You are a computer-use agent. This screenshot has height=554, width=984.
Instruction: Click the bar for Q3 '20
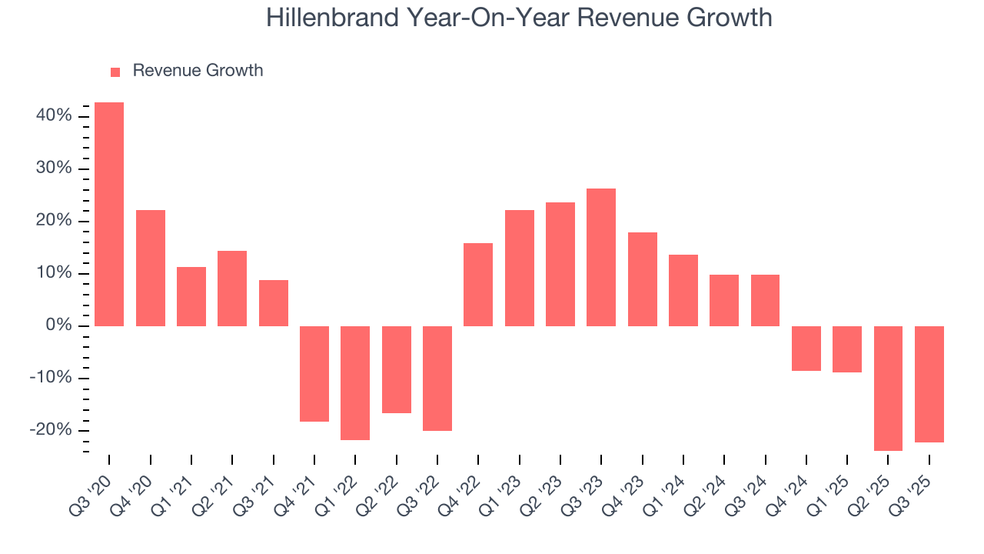click(x=109, y=214)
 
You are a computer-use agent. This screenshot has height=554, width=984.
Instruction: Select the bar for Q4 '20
click(x=151, y=268)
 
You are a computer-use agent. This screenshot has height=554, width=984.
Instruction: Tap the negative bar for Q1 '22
click(x=355, y=382)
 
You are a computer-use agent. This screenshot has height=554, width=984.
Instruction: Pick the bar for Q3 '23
click(x=601, y=257)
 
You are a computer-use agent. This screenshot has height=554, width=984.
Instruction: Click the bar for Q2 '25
click(x=888, y=388)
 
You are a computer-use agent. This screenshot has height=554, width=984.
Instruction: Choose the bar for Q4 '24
click(x=806, y=348)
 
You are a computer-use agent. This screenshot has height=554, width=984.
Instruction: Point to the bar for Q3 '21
click(x=274, y=302)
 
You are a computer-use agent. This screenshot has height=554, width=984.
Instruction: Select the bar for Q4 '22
click(x=478, y=284)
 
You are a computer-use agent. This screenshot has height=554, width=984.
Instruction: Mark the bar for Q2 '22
click(x=397, y=369)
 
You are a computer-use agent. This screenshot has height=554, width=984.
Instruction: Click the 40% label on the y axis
click(x=53, y=116)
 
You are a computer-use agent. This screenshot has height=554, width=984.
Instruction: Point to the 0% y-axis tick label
click(x=58, y=326)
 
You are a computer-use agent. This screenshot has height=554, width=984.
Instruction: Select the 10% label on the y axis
click(x=53, y=274)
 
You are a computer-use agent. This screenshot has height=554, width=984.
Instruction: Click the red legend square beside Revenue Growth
click(x=115, y=72)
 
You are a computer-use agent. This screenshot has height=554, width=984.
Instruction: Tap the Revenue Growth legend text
click(x=198, y=71)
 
